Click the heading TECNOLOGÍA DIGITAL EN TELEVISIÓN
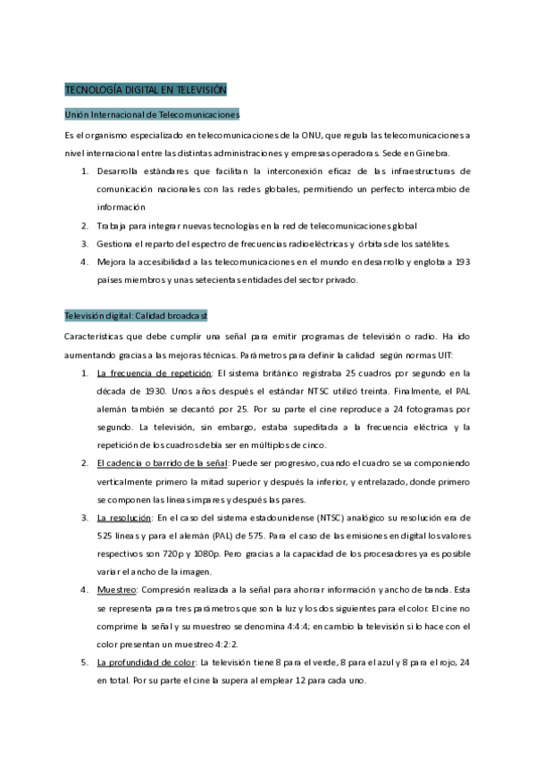tap(147, 90)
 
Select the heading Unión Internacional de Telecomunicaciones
tap(152, 114)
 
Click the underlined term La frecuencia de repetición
tap(155, 372)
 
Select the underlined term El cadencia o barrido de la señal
tap(162, 462)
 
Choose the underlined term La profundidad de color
tap(147, 661)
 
